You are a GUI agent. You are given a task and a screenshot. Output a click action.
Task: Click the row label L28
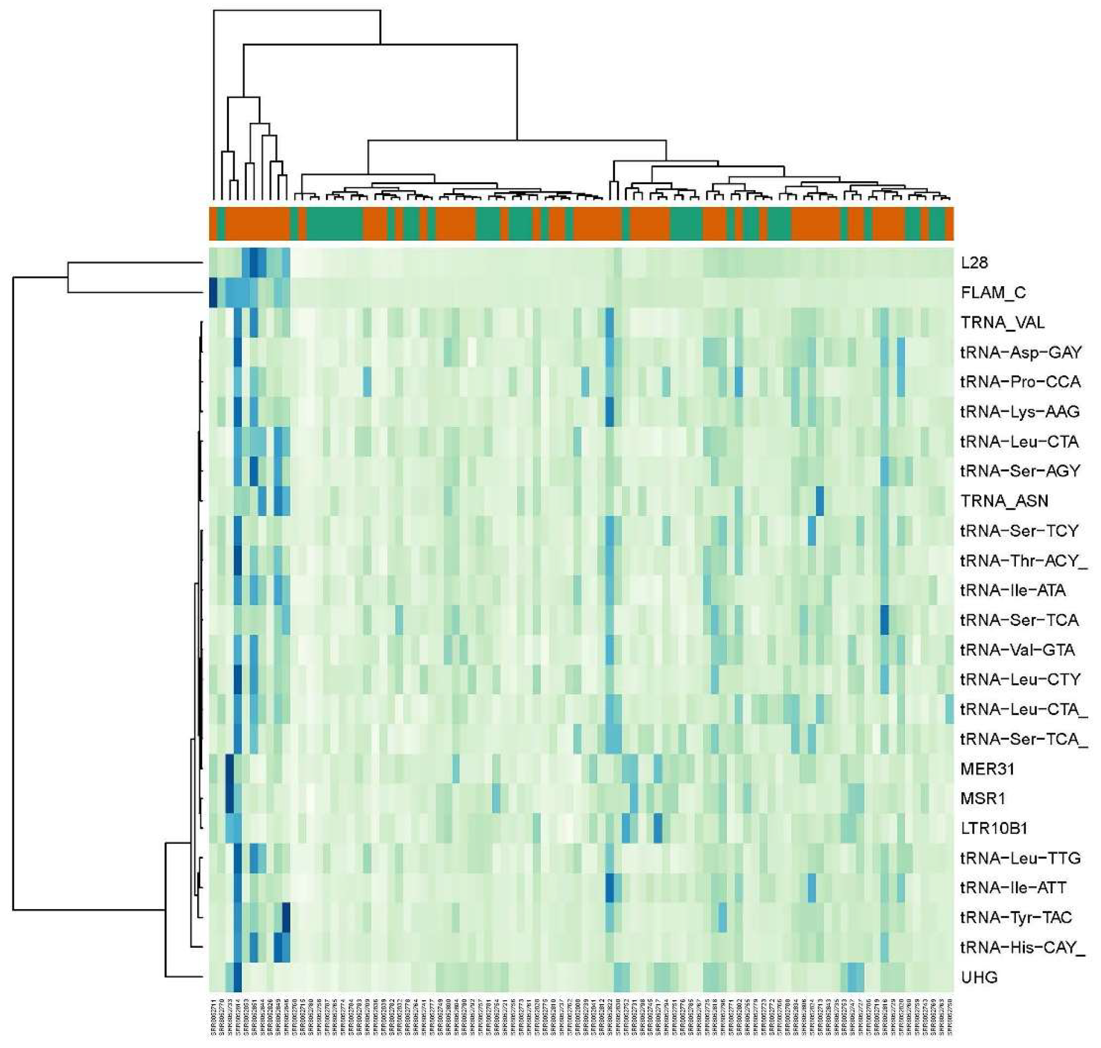click(974, 263)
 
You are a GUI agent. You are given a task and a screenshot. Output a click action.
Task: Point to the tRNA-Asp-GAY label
click(1021, 352)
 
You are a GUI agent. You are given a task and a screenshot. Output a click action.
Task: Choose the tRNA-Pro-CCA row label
click(1020, 382)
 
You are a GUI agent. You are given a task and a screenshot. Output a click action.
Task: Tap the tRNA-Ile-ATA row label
click(1013, 590)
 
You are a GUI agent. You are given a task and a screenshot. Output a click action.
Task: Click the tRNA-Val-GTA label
click(1017, 650)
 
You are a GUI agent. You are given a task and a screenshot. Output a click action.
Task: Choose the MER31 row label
click(987, 769)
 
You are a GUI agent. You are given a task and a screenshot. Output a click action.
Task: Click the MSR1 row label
click(982, 799)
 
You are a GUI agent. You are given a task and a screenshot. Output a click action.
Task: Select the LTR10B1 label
click(994, 829)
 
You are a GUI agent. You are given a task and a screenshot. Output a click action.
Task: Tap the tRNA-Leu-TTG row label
click(1020, 858)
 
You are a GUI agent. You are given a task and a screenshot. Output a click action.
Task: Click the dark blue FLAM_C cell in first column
click(213, 293)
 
